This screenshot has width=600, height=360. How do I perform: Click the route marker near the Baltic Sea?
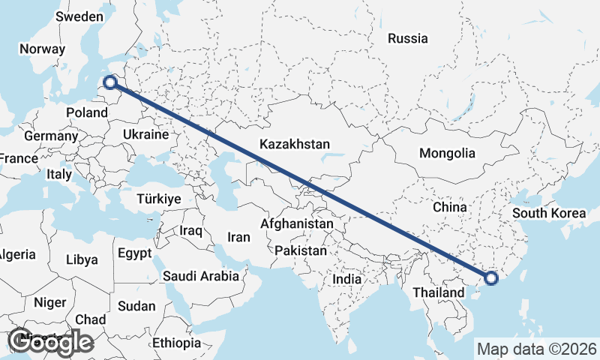click(x=111, y=83)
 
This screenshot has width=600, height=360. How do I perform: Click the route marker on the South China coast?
click(x=491, y=279)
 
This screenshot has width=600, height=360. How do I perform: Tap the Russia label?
click(x=408, y=38)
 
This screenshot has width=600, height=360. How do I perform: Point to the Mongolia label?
click(x=447, y=153)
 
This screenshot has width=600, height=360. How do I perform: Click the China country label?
click(x=450, y=206)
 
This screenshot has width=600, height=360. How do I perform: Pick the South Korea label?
click(x=549, y=213)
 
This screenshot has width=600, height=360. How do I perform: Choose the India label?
click(x=347, y=279)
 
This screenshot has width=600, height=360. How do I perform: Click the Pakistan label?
click(x=301, y=250)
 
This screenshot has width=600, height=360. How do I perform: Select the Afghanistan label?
click(x=297, y=223)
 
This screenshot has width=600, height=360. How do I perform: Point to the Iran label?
click(x=238, y=237)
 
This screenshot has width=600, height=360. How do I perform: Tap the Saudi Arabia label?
click(x=201, y=276)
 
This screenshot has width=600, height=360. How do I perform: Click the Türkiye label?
click(x=159, y=199)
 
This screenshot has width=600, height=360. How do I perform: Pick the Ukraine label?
click(x=146, y=134)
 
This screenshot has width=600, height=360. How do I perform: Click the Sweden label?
click(x=79, y=16)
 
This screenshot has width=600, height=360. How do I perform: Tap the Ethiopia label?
click(x=176, y=343)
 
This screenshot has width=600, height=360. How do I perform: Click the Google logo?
click(x=50, y=342)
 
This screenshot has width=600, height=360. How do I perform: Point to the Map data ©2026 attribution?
click(x=536, y=349)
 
